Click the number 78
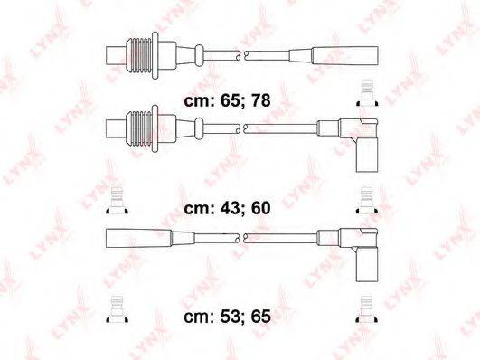(261, 100)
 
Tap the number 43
(231, 208)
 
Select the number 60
(261, 208)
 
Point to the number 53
(231, 317)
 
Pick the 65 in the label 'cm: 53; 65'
(261, 317)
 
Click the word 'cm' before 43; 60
(196, 209)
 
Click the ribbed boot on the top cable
(139, 55)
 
